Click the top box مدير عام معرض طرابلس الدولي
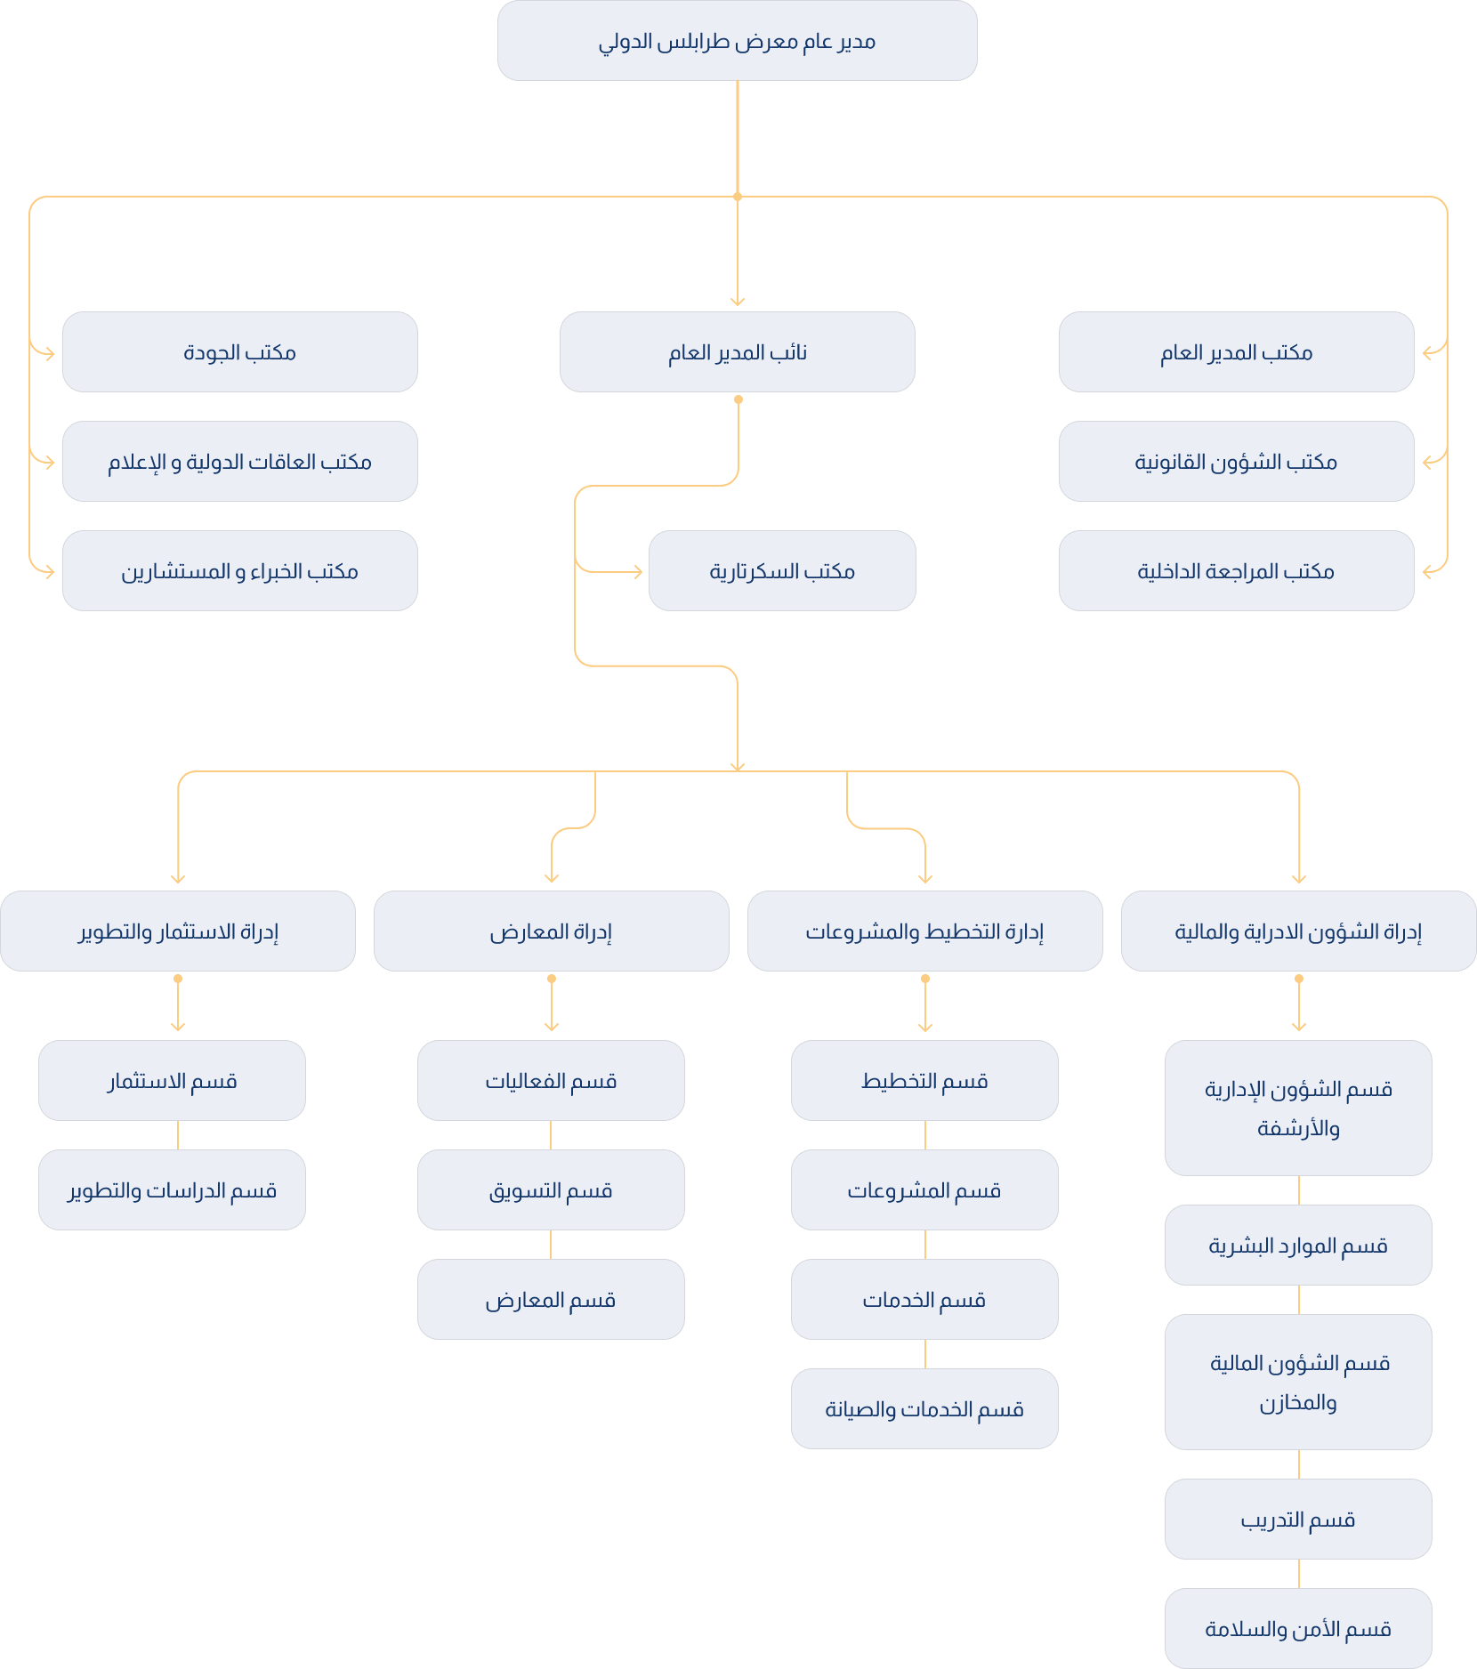737,41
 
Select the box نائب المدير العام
737,352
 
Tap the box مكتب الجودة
239,352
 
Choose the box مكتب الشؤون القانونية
1236,462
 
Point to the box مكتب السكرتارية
781,571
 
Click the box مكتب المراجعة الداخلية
1236,571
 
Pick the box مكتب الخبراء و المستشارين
239,571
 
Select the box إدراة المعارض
551,931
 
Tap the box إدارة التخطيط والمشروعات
924,931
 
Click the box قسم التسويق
551,1190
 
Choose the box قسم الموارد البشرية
1298,1246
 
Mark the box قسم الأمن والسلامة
1298,1629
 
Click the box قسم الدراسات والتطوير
172,1190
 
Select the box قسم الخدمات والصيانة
924,1409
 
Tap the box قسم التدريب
1298,1520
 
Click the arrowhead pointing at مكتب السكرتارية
638,572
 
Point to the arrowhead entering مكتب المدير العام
1427,353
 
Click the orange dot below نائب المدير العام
738,399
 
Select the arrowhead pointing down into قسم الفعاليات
552,1028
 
